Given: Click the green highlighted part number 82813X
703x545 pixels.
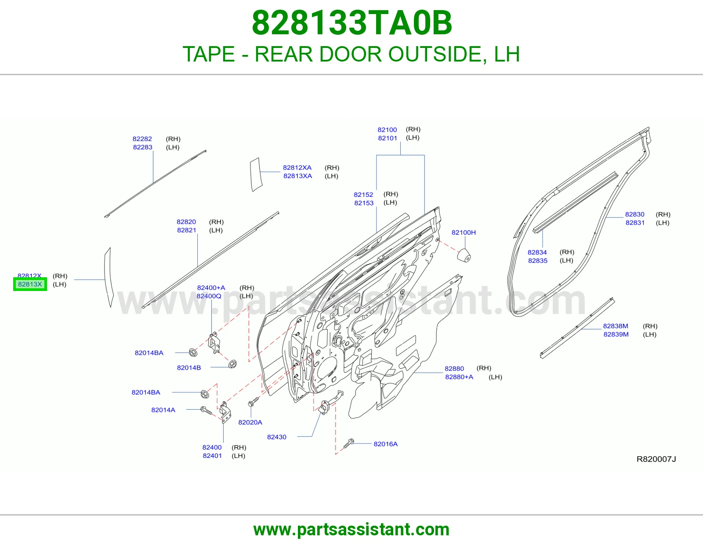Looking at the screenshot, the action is click(x=30, y=284).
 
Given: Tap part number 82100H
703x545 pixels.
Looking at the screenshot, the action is click(x=464, y=233).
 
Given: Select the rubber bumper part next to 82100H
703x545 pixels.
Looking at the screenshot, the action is click(x=464, y=255).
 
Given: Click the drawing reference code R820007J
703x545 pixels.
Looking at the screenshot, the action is click(x=656, y=459).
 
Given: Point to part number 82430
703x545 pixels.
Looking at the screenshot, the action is click(x=277, y=437).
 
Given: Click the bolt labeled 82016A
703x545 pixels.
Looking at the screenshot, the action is click(x=349, y=443).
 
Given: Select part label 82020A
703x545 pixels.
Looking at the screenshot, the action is click(x=250, y=422).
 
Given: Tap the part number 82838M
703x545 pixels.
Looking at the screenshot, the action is click(x=615, y=326).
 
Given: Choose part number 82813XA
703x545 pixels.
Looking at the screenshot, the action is click(x=297, y=176).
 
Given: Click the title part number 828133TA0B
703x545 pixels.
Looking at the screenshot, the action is click(x=351, y=23).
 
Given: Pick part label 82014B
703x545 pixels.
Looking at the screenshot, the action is click(x=189, y=367).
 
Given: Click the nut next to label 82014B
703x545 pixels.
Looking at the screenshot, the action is click(x=232, y=364).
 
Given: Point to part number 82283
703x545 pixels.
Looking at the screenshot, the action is click(x=142, y=147).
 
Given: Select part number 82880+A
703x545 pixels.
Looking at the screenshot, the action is click(x=459, y=377).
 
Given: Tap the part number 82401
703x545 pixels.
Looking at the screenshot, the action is click(x=212, y=456).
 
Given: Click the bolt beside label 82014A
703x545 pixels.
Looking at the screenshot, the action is click(x=206, y=411).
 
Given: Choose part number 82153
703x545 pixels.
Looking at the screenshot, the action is click(x=364, y=203).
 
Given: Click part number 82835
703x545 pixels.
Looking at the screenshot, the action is click(x=538, y=261).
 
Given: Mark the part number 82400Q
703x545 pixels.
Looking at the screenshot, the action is click(x=209, y=296).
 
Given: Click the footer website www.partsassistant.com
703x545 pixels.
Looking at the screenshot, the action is click(x=351, y=530).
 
